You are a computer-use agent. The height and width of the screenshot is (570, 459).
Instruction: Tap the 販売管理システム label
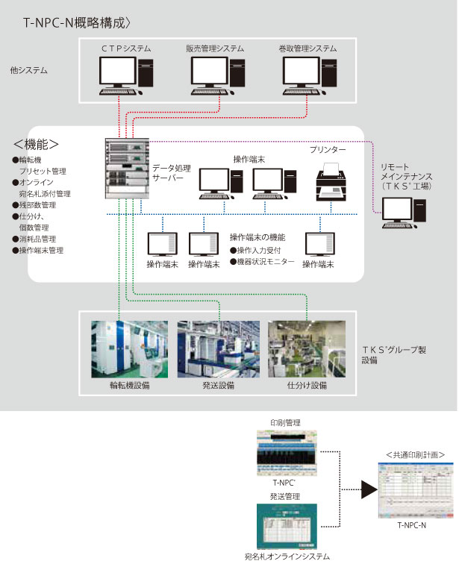click(x=216, y=48)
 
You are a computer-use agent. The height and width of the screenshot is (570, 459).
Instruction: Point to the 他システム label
click(x=29, y=70)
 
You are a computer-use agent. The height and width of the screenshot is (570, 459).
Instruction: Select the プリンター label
click(x=328, y=150)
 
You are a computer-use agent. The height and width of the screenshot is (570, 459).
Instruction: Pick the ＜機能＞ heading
click(x=37, y=143)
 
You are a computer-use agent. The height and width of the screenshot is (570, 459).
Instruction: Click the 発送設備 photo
click(x=218, y=348)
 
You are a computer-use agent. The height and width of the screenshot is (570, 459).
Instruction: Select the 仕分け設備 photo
click(x=307, y=348)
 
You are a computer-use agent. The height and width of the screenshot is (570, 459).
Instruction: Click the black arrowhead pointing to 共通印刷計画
click(x=366, y=490)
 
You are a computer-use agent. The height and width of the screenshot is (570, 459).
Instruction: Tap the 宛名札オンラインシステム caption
click(x=287, y=557)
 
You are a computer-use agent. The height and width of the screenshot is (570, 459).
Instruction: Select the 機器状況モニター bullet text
click(x=266, y=262)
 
